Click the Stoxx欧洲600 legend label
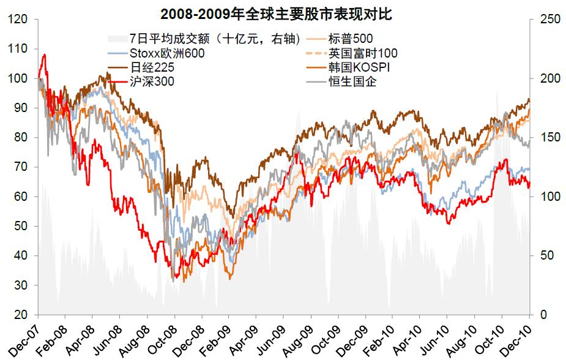(167, 53)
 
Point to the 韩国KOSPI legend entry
(359, 67)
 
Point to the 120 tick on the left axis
(20, 20)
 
